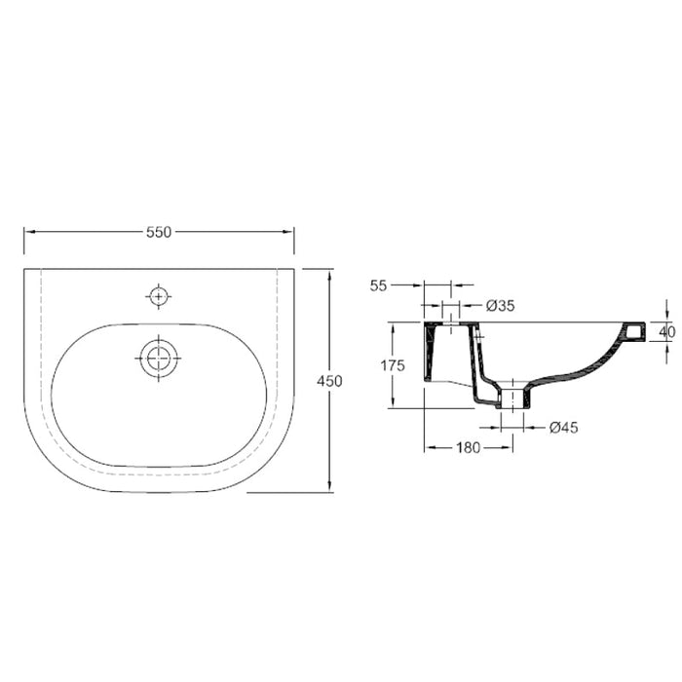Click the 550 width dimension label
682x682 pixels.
click(x=159, y=232)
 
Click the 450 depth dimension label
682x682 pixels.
click(x=329, y=382)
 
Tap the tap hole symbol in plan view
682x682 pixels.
click(x=157, y=294)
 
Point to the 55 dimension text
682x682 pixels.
click(x=379, y=285)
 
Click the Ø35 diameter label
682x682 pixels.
click(x=500, y=306)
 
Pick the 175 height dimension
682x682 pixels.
click(x=394, y=366)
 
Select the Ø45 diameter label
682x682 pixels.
click(x=565, y=426)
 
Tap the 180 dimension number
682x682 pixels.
click(x=470, y=448)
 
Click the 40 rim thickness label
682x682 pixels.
click(x=667, y=332)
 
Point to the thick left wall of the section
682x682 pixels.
click(x=430, y=356)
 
